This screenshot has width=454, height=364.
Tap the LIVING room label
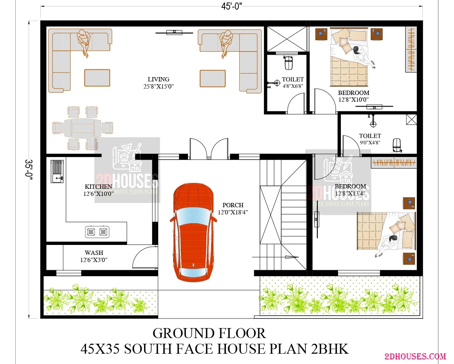159,79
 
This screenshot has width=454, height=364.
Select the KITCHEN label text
98,187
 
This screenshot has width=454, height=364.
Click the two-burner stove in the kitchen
97,232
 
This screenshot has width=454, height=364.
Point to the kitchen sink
57,171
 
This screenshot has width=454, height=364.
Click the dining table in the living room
83,128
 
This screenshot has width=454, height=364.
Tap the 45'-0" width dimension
231,6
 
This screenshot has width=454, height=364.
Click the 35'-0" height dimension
29,169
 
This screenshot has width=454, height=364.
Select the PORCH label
233,205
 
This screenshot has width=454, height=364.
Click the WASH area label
94,252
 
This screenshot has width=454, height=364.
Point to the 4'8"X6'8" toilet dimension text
293,86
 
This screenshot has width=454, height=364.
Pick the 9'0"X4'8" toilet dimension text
370,143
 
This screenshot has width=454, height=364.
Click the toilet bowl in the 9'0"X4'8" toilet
397,145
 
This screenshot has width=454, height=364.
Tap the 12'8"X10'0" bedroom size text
353,100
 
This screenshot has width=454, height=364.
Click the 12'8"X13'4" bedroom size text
350,193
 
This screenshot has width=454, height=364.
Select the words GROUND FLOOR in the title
209,333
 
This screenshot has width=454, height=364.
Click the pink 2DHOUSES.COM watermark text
415,357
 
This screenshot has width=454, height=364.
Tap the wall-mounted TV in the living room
174,33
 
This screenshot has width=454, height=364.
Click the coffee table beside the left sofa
97,77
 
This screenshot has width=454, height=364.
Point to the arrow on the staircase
276,257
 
